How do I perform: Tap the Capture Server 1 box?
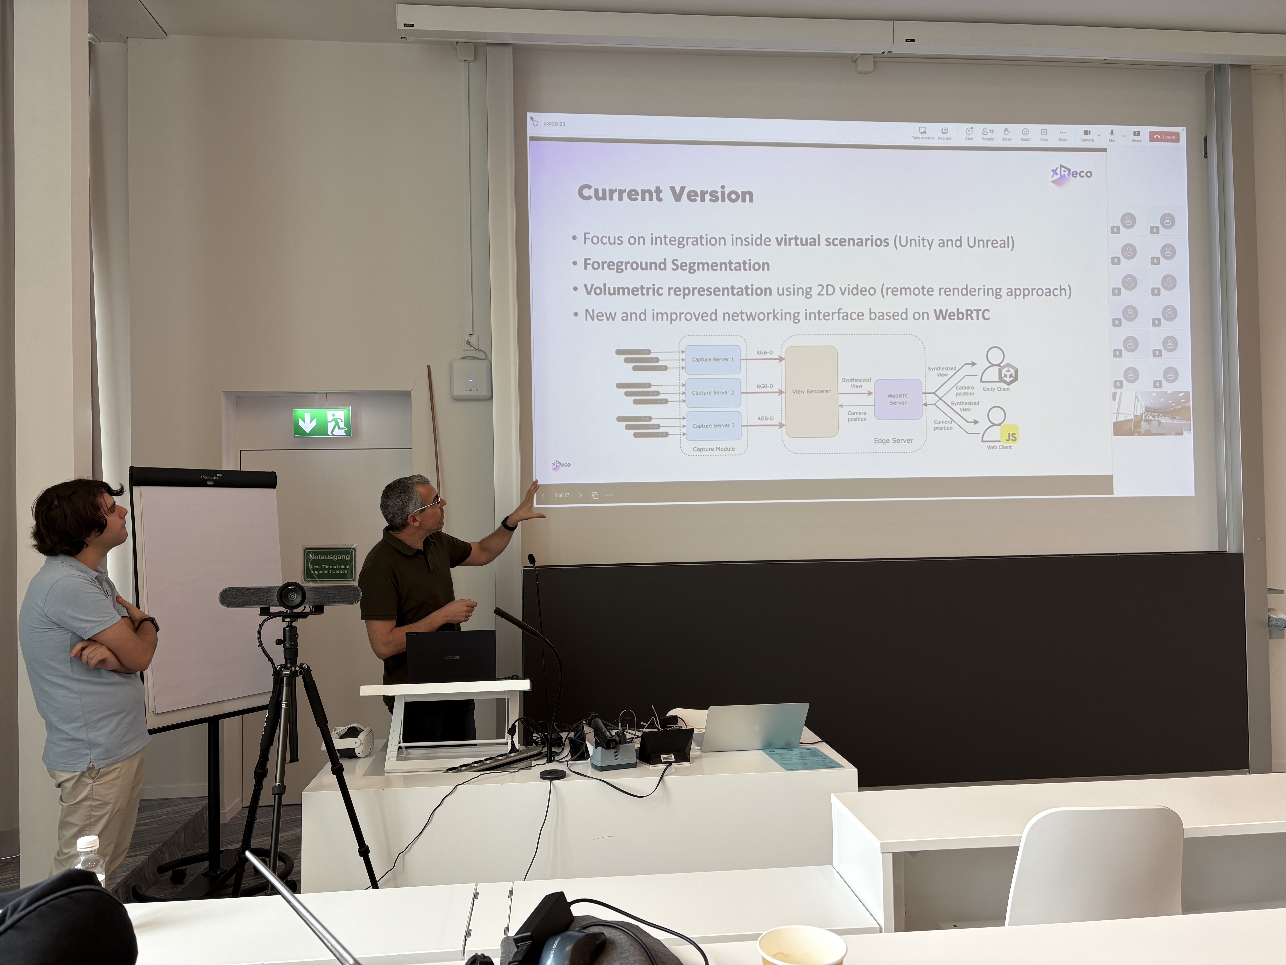point(712,360)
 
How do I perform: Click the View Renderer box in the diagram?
point(811,391)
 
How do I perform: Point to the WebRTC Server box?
point(898,399)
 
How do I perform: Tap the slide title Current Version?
point(665,194)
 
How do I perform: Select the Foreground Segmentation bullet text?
point(676,265)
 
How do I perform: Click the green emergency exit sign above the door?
point(322,422)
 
